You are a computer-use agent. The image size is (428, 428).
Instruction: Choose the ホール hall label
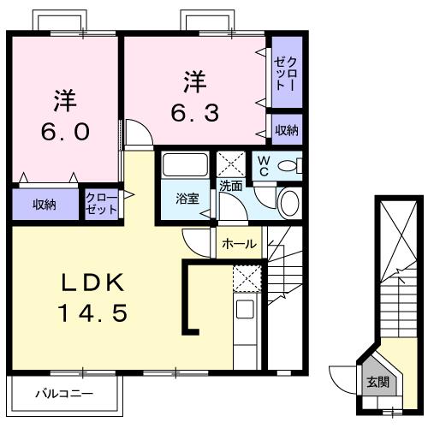coord(239,244)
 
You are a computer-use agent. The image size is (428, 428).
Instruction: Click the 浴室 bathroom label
coord(187,199)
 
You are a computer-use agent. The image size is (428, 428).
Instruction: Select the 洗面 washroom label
coord(230,186)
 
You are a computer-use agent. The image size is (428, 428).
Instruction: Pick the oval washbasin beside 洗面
coord(289,203)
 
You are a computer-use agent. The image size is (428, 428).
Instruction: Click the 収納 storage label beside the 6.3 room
coord(286,130)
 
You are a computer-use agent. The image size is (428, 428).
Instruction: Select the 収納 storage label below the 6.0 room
coord(45,205)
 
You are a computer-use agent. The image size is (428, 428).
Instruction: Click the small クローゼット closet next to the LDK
coord(101,205)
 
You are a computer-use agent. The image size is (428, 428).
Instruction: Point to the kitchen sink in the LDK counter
coord(246,308)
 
